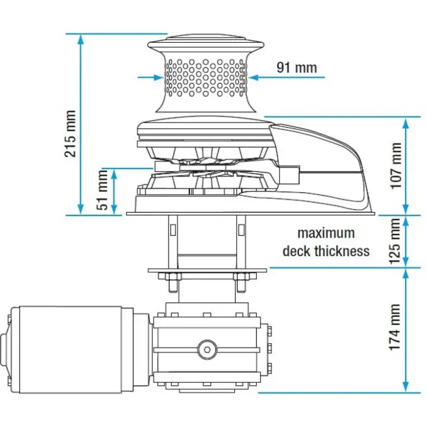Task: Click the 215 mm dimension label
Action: click(x=70, y=133)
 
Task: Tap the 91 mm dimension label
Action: click(x=297, y=68)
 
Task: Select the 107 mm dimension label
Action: click(x=396, y=165)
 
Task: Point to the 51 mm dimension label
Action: click(x=102, y=189)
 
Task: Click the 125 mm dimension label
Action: click(x=395, y=241)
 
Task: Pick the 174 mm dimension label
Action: click(x=395, y=327)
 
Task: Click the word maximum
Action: click(x=326, y=233)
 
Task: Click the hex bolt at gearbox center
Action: click(x=208, y=349)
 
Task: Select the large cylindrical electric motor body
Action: click(x=71, y=350)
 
